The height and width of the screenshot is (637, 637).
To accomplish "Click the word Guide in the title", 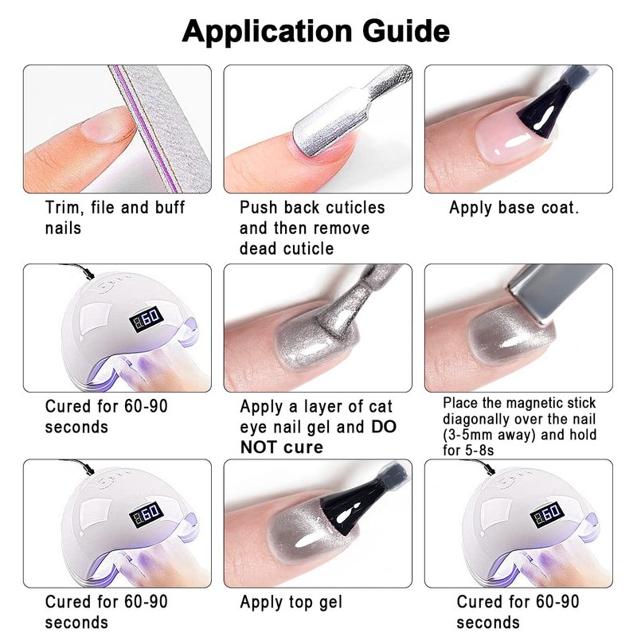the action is (406, 31).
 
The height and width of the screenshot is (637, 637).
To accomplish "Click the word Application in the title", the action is (267, 32).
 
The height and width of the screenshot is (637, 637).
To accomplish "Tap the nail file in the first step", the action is (161, 128).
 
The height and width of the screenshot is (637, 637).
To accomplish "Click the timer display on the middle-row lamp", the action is (147, 318).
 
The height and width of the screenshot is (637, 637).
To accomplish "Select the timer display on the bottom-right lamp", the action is (547, 514).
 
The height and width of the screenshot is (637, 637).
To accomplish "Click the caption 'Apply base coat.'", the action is (514, 208).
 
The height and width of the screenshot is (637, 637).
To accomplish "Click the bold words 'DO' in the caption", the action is (384, 427).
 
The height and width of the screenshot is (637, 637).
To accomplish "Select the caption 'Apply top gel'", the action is (291, 603).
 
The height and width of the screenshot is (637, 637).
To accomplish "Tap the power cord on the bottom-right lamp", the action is (479, 465).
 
